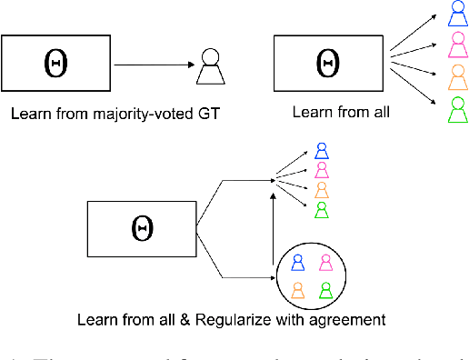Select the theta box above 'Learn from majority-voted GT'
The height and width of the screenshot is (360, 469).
[55, 65]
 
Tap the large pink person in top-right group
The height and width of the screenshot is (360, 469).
[458, 44]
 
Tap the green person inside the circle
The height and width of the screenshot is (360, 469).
[325, 289]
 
